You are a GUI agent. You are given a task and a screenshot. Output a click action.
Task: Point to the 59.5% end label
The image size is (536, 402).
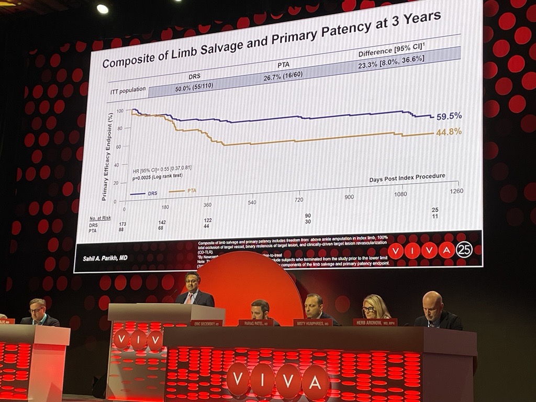tap(449, 116)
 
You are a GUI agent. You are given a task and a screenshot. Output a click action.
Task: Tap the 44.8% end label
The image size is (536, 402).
tap(449, 132)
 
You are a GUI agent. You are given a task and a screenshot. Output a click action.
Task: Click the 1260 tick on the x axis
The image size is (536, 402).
tap(456, 191)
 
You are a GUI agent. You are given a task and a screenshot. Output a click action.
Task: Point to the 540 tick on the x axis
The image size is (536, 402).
tap(252, 202)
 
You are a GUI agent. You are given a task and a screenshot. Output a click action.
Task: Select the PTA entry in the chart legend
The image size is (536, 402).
tap(192, 191)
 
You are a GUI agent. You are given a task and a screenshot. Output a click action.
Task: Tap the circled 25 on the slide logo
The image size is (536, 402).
tap(464, 250)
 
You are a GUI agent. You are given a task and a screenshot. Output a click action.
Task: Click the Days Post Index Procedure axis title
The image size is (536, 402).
tap(407, 177)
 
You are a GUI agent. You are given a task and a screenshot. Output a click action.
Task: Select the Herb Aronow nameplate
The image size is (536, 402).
tap(375, 322)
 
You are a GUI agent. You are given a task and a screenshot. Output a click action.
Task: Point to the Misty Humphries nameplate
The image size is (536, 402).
tap(312, 323)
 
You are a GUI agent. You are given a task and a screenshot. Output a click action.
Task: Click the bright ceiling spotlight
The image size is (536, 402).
tap(103, 9)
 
